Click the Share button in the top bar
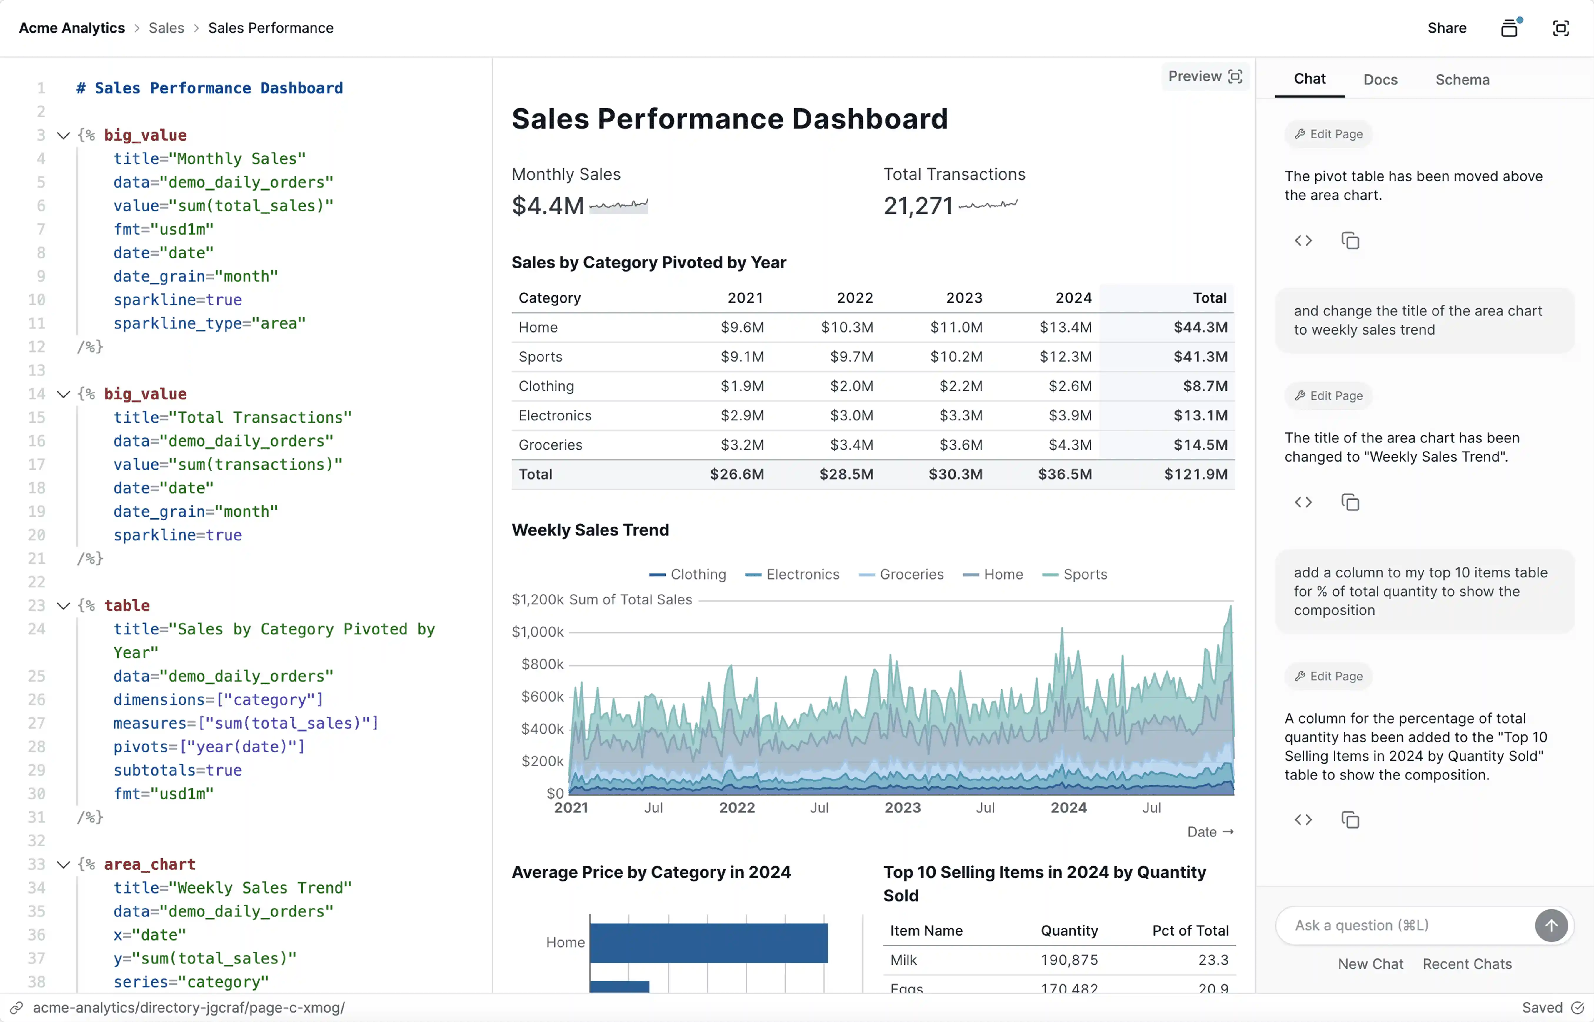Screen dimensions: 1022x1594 [x=1447, y=28]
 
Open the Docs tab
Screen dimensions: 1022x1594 [x=1380, y=80]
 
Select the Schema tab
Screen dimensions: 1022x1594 [x=1462, y=80]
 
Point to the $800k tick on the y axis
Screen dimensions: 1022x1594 [x=542, y=664]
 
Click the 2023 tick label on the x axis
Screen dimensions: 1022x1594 [x=903, y=808]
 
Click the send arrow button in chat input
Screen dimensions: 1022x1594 [x=1551, y=925]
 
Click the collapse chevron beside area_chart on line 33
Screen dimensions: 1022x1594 [x=63, y=864]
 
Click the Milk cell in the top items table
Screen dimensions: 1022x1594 [x=903, y=960]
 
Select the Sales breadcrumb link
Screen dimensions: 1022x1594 [x=166, y=28]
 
